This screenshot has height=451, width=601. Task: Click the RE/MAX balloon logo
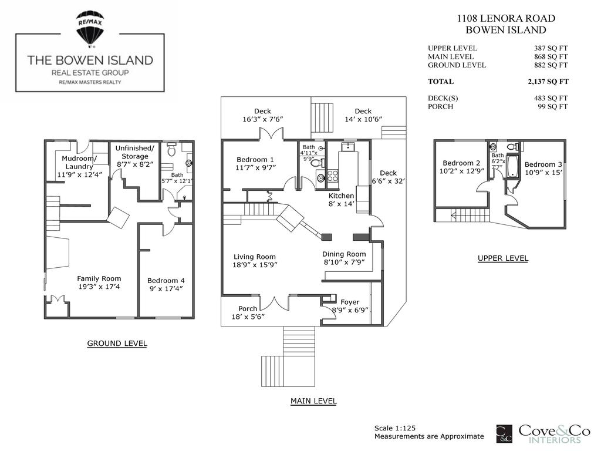pos(90,28)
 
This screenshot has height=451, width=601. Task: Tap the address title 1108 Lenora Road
pos(505,18)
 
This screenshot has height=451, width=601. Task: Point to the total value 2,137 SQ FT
pos(548,82)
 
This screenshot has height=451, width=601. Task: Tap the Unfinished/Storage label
pos(134,152)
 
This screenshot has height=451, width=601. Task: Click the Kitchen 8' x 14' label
pos(341,200)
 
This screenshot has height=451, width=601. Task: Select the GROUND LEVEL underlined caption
pos(117,344)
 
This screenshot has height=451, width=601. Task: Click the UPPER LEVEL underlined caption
pos(502,258)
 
